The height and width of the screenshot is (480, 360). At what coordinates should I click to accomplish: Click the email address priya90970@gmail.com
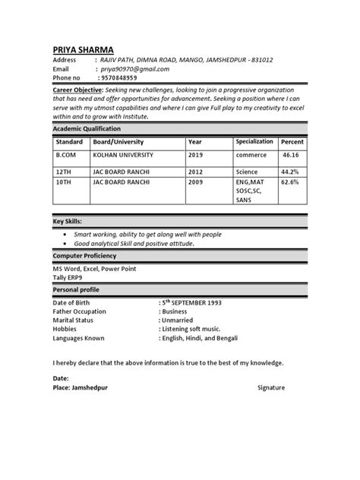(x=136, y=68)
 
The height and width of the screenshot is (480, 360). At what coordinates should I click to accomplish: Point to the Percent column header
(x=292, y=143)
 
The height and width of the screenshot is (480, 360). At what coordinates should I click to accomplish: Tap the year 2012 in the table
(x=196, y=172)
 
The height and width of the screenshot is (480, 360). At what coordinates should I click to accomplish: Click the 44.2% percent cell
(x=290, y=172)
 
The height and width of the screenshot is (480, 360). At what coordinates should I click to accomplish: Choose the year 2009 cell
(x=196, y=182)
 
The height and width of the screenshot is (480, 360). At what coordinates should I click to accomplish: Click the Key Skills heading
(x=68, y=220)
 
